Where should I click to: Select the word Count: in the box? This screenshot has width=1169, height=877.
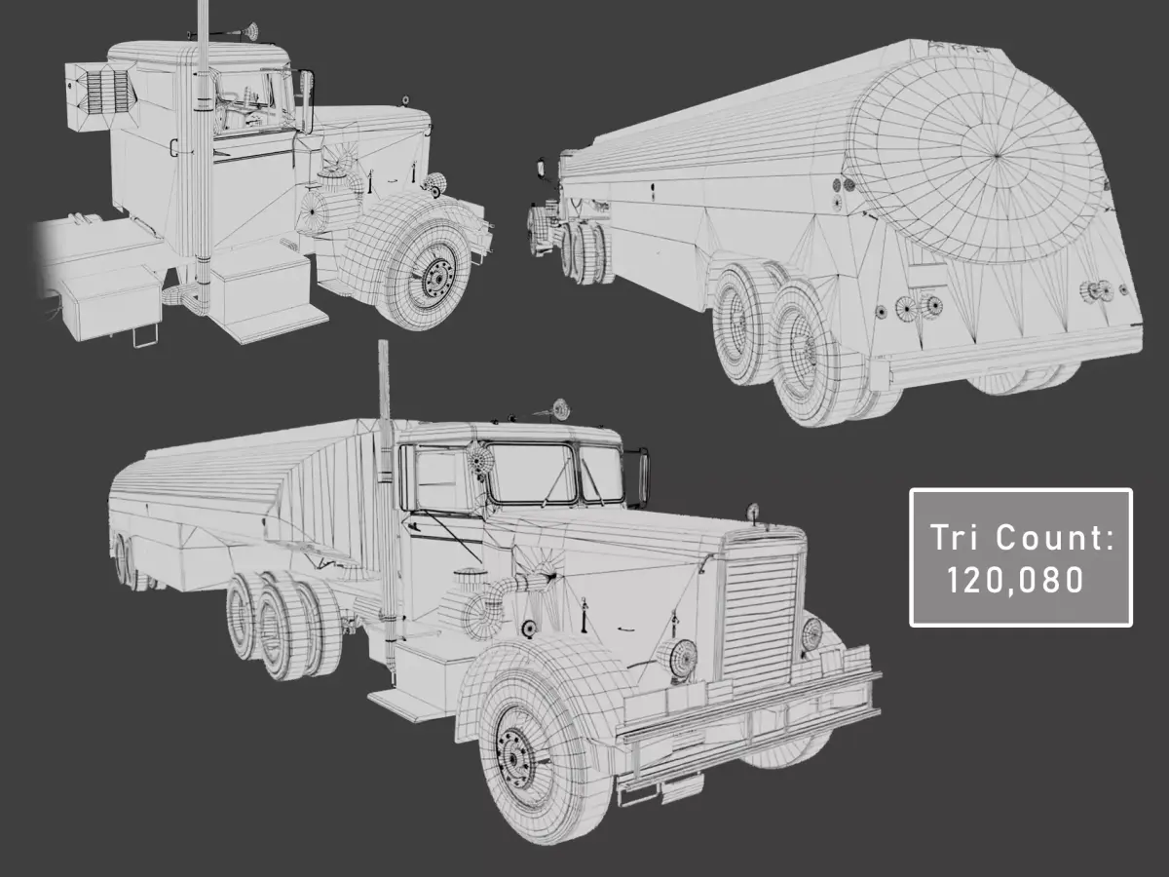click(x=1055, y=538)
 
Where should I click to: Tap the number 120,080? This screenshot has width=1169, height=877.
click(x=1015, y=580)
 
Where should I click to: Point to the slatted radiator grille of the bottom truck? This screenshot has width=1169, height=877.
click(x=761, y=618)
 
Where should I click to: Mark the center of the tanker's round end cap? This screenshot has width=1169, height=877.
click(x=997, y=156)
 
